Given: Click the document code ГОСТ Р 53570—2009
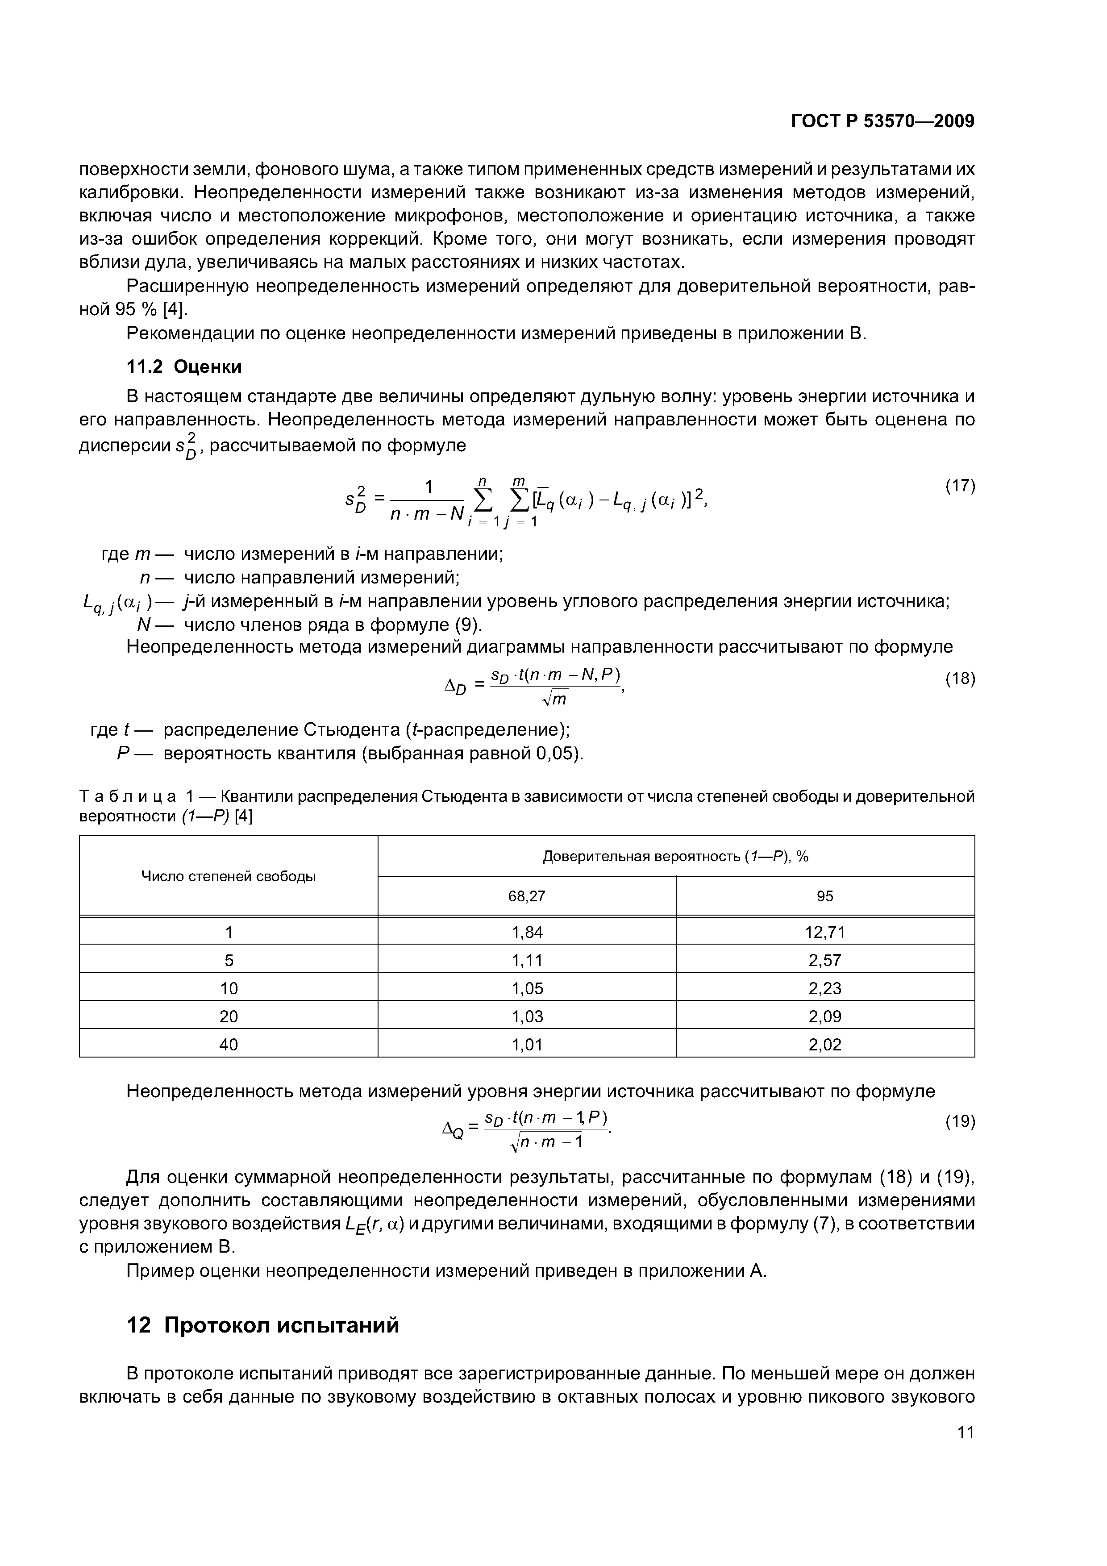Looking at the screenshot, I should coord(882,121).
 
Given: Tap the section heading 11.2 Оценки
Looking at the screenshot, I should coord(184,367).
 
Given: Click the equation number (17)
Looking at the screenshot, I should coord(960,486).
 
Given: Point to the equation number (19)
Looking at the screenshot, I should coord(960,1121).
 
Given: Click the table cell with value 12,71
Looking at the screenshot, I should coord(824,932).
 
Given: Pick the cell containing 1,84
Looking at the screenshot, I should coord(527,932).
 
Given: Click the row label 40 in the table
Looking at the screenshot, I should coord(229,1044).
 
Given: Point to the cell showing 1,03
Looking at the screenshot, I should coord(527,1016).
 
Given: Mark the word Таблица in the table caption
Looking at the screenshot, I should coord(128,797).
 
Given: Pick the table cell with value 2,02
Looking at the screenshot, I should coord(824,1044).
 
